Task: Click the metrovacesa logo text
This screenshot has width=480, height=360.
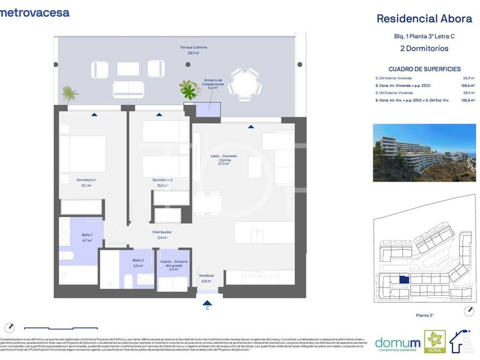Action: pos(35,12)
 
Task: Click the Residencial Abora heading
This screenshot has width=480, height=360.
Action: pos(424,19)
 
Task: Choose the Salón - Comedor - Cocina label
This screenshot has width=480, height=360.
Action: pos(225,159)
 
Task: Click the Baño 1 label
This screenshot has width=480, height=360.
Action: pos(87,237)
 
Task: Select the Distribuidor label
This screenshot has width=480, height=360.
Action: pos(162,234)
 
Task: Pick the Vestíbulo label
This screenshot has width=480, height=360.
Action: pos(206,278)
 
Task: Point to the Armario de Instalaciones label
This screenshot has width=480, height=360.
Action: pos(212,84)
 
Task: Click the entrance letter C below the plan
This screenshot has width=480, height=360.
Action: pos(207,307)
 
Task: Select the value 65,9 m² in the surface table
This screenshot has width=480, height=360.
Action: pos(469,77)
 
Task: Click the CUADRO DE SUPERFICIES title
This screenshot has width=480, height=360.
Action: pos(424,69)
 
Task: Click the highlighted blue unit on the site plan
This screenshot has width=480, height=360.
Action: pos(404,281)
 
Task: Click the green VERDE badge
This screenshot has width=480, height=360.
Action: pos(435,341)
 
